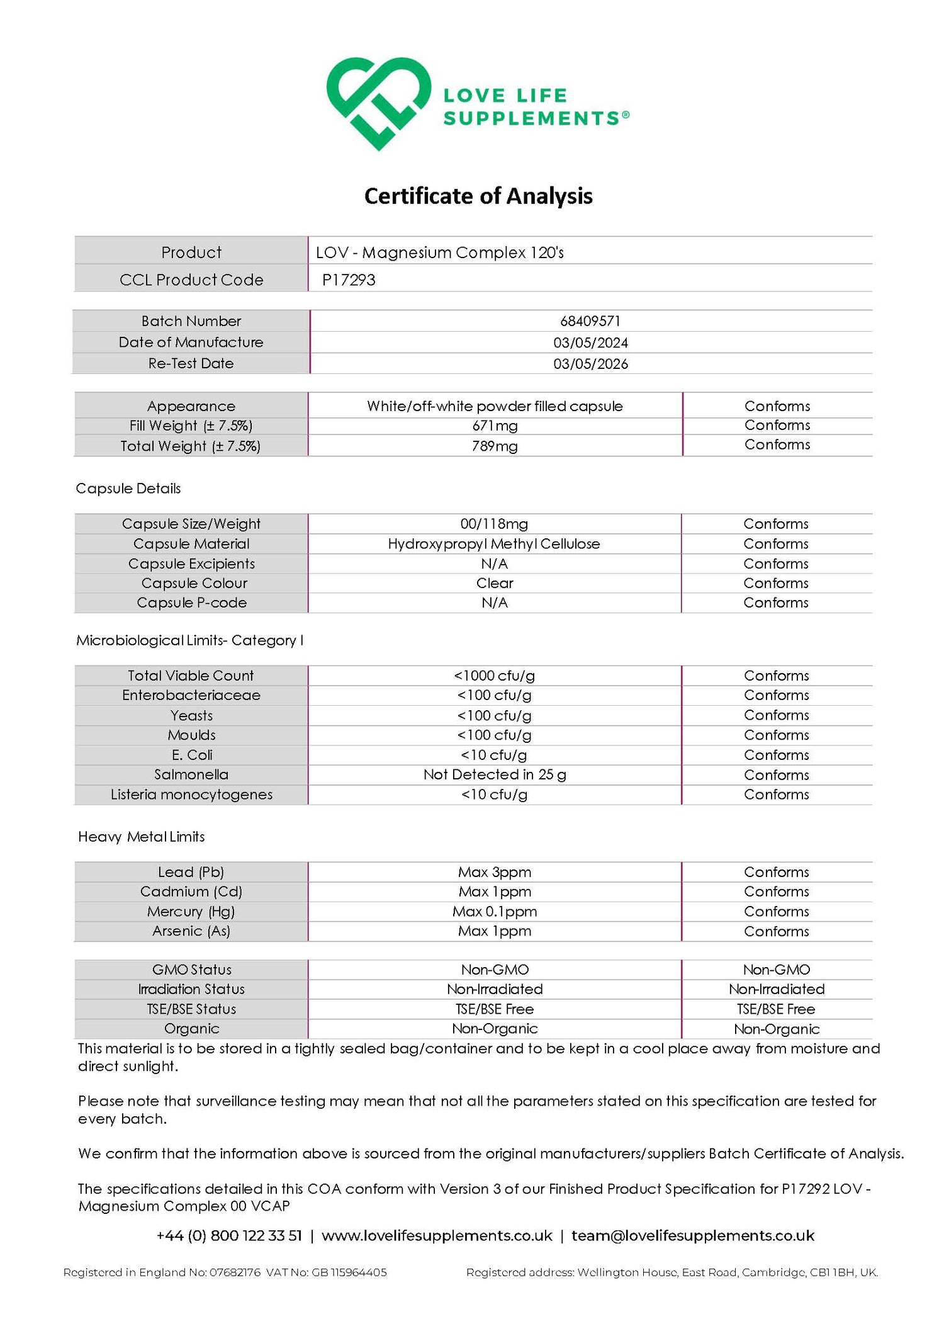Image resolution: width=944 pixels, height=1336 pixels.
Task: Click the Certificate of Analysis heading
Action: click(x=478, y=196)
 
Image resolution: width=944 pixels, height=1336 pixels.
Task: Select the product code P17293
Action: click(x=349, y=280)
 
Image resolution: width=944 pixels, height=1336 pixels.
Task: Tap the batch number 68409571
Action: click(x=590, y=321)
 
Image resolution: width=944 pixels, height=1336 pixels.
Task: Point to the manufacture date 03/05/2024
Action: click(x=590, y=342)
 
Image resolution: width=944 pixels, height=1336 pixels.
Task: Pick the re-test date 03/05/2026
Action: click(x=590, y=364)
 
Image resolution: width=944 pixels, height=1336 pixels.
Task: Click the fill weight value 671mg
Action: click(x=495, y=426)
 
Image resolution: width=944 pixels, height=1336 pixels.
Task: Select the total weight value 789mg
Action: click(x=495, y=446)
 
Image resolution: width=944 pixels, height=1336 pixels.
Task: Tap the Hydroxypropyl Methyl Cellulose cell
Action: click(x=494, y=543)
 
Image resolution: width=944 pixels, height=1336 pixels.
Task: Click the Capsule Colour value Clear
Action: click(x=495, y=583)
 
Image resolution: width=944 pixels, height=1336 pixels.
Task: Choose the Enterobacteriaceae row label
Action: click(x=191, y=695)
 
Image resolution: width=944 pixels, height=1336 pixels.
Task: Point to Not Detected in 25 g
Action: click(x=495, y=774)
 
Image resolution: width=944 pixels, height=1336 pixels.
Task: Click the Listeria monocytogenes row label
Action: click(x=191, y=795)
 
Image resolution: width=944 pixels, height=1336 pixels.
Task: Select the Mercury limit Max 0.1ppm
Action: click(x=495, y=911)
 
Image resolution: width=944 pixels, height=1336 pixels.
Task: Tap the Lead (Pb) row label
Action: click(x=191, y=872)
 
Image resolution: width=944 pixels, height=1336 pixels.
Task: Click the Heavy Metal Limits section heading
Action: click(x=142, y=837)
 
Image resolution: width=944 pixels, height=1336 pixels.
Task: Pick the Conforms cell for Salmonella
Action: click(x=777, y=775)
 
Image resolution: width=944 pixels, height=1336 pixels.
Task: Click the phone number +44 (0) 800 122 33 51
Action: click(x=229, y=1235)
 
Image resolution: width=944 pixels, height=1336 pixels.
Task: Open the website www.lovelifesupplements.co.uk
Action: click(x=437, y=1235)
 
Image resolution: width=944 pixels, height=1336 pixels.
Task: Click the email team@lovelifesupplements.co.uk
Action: click(x=693, y=1235)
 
